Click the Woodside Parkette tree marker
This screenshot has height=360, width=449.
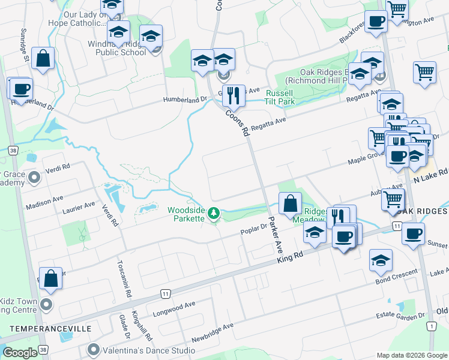click(213, 214)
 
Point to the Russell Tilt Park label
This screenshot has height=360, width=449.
click(280, 97)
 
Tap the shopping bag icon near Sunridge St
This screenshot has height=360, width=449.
click(43, 59)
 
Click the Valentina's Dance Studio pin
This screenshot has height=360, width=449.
click(93, 349)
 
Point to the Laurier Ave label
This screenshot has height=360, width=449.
click(79, 208)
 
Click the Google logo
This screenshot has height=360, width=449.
click(20, 353)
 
